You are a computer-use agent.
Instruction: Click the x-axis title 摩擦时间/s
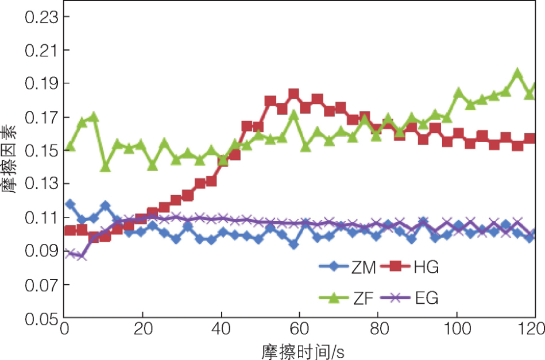pyautogui.click(x=300, y=350)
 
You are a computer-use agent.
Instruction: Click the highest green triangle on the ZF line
pyautogui.click(x=517, y=73)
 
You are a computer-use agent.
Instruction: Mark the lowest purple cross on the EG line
pyautogui.click(x=82, y=256)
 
